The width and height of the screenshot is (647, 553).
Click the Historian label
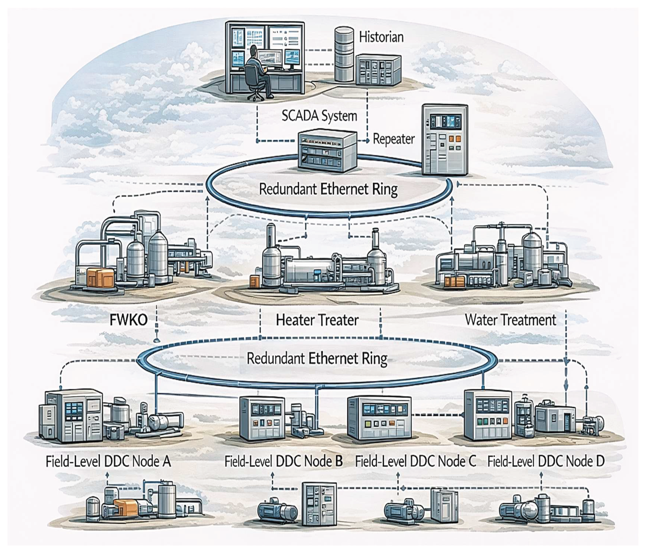pyautogui.click(x=381, y=37)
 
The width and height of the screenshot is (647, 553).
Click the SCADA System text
pyautogui.click(x=319, y=116)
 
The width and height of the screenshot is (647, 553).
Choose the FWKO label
pyautogui.click(x=128, y=320)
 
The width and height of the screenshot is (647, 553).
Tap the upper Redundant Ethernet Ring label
pyautogui.click(x=328, y=189)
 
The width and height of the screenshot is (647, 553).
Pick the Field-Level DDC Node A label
pyautogui.click(x=108, y=462)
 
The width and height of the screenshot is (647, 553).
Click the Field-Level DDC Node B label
pyautogui.click(x=283, y=462)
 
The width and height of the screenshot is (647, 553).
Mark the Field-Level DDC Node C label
pyautogui.click(x=416, y=462)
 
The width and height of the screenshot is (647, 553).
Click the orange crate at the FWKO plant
pyautogui.click(x=101, y=278)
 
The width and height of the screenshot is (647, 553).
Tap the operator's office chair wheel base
pyautogui.click(x=256, y=95)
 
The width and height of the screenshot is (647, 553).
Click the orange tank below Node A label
pyautogui.click(x=126, y=508)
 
